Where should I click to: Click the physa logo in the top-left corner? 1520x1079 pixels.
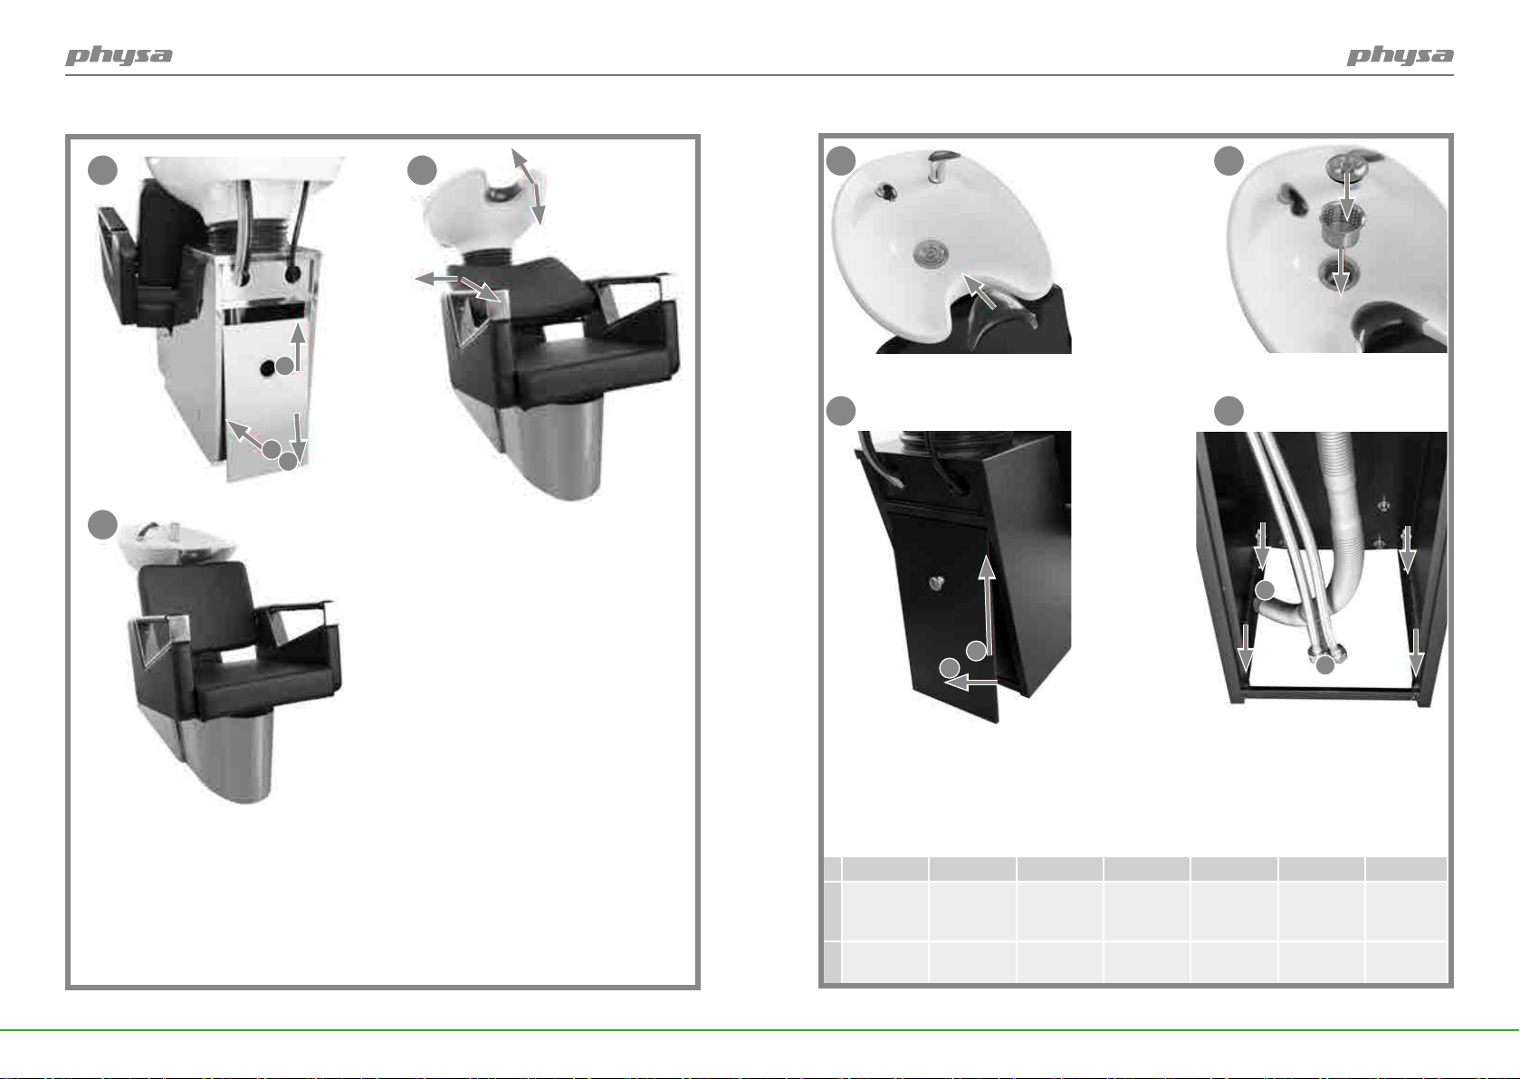(119, 55)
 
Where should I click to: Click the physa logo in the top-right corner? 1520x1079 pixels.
(1400, 55)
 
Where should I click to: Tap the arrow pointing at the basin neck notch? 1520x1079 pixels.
(980, 291)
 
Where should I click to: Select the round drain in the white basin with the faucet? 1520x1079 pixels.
(932, 253)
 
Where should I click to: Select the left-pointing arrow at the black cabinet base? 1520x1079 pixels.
(970, 682)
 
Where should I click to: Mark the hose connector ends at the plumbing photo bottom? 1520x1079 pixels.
(1326, 654)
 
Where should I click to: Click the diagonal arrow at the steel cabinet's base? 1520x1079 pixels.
(244, 434)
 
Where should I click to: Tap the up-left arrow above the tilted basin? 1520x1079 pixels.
(522, 166)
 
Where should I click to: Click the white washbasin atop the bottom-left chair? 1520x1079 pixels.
(177, 543)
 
